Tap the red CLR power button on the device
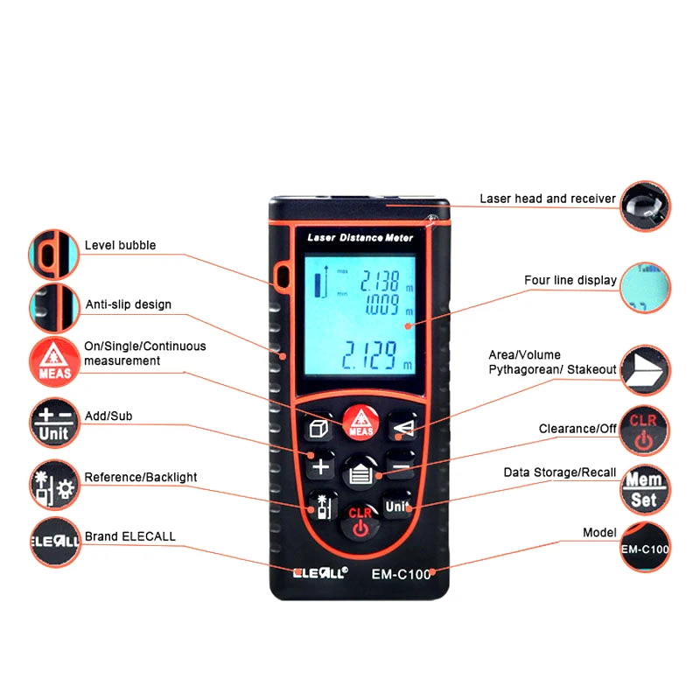coord(360,522)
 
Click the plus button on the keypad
coord(321,465)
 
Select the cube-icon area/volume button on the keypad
coord(317,429)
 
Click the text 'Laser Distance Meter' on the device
coord(360,237)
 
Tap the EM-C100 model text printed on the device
coord(401,575)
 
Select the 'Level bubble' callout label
coord(120,245)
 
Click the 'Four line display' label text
coord(570,280)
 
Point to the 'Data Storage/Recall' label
coord(559,472)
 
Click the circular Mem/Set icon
coord(646,491)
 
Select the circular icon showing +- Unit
coord(54,424)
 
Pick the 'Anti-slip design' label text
coord(128,304)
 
